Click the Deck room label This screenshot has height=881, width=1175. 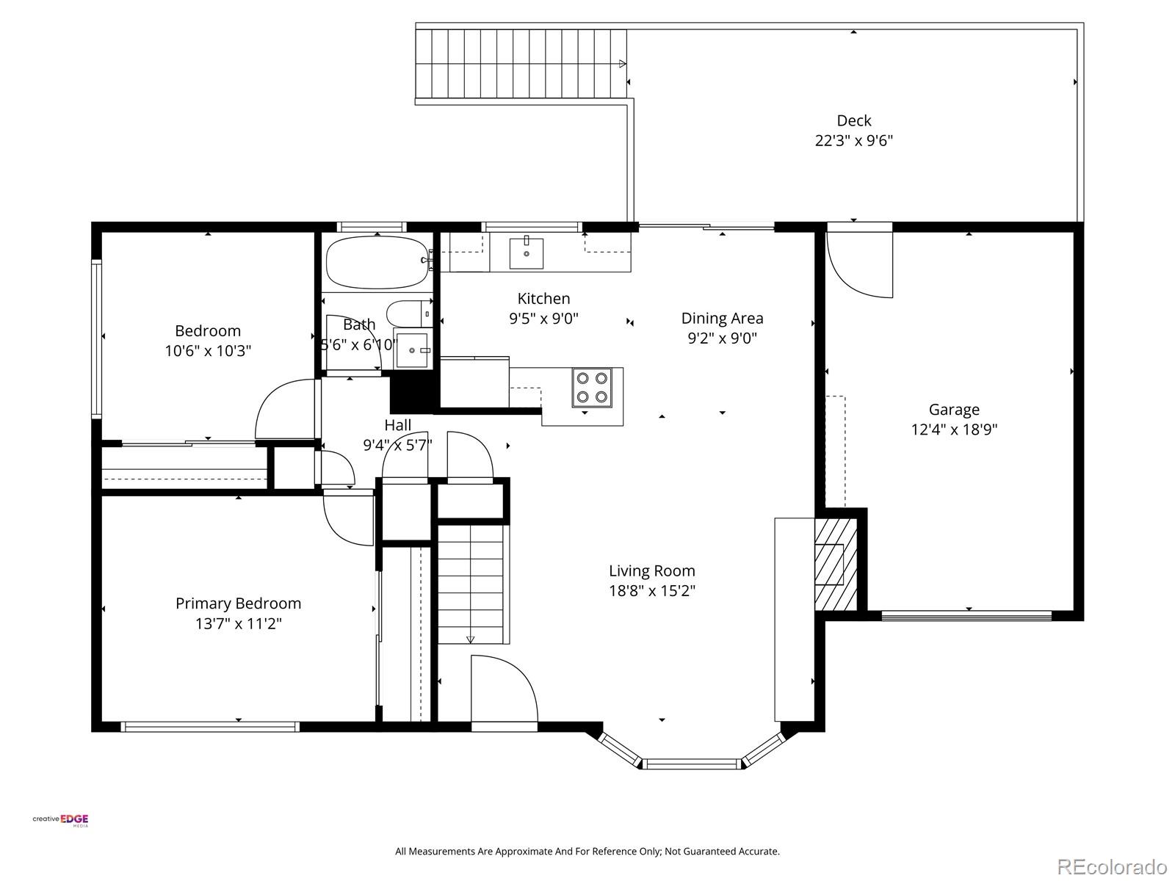point(854,120)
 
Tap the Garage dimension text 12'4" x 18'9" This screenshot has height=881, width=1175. point(954,429)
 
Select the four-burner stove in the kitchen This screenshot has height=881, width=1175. point(592,388)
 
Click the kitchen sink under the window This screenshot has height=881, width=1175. point(527,253)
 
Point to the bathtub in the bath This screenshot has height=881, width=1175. point(377,263)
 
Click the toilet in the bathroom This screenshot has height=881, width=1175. point(408,313)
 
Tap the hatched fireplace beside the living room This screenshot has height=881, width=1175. point(835,564)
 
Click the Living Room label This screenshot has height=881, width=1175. point(651,570)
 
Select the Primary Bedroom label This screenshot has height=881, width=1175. point(238,603)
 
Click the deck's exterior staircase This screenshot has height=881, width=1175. point(521,64)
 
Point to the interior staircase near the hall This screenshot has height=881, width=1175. point(471,583)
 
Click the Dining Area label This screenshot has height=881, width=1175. point(722,318)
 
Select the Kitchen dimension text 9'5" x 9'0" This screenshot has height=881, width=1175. point(543,319)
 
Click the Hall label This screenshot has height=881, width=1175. point(397,425)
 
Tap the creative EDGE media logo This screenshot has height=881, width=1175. point(60,821)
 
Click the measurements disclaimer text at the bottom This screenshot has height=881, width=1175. point(587,852)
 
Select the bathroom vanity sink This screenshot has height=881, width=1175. point(412,349)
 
